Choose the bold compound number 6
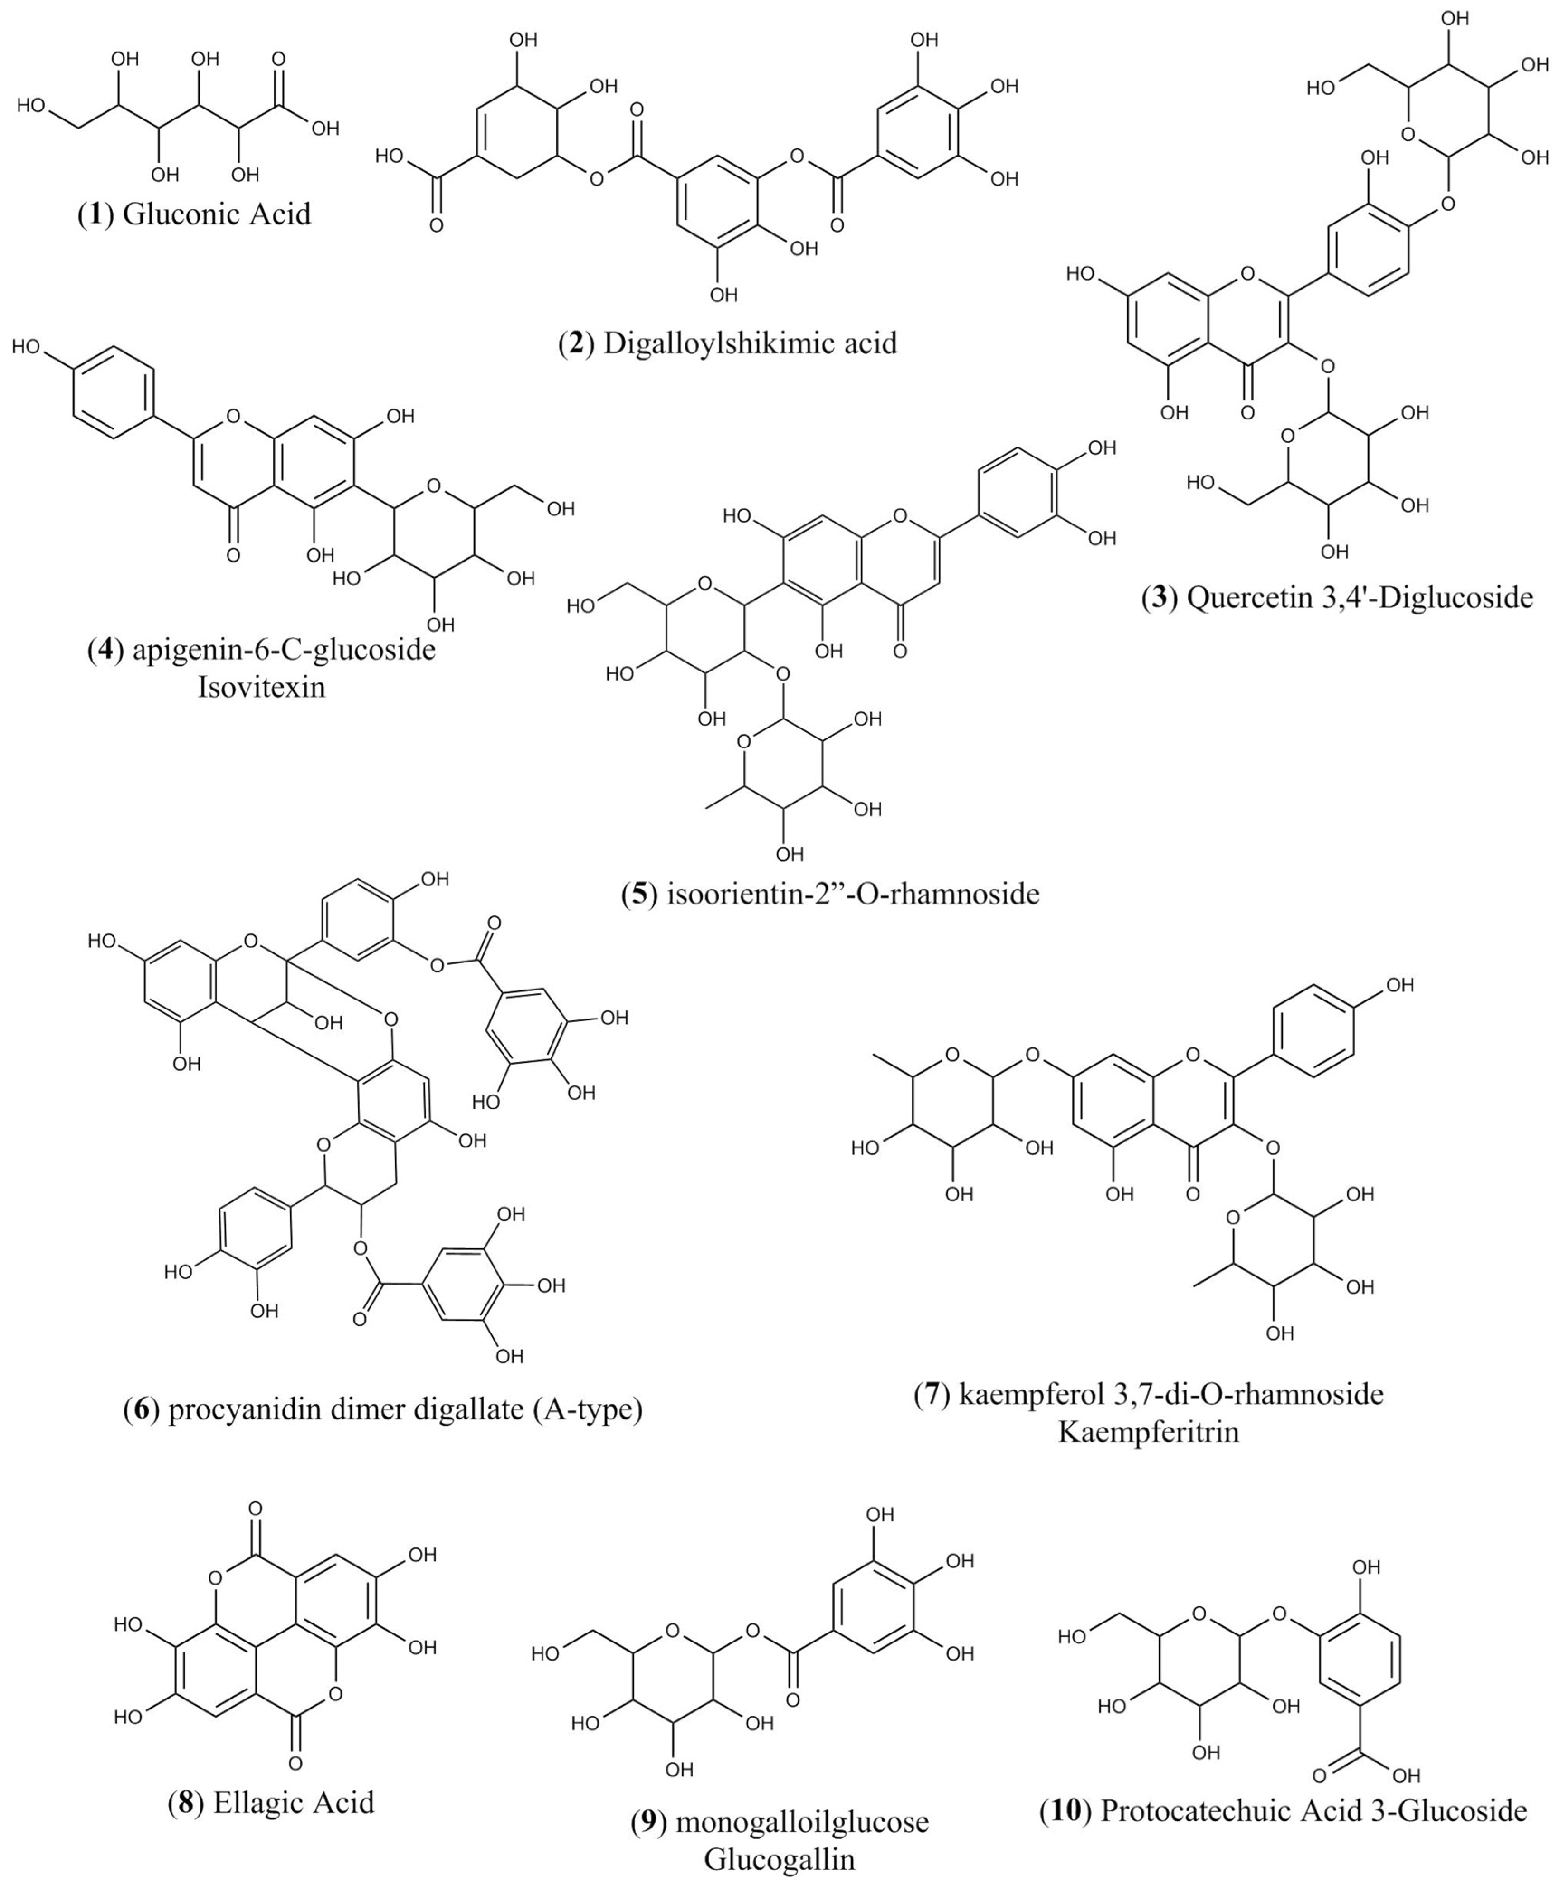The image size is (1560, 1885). pyautogui.click(x=141, y=1410)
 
